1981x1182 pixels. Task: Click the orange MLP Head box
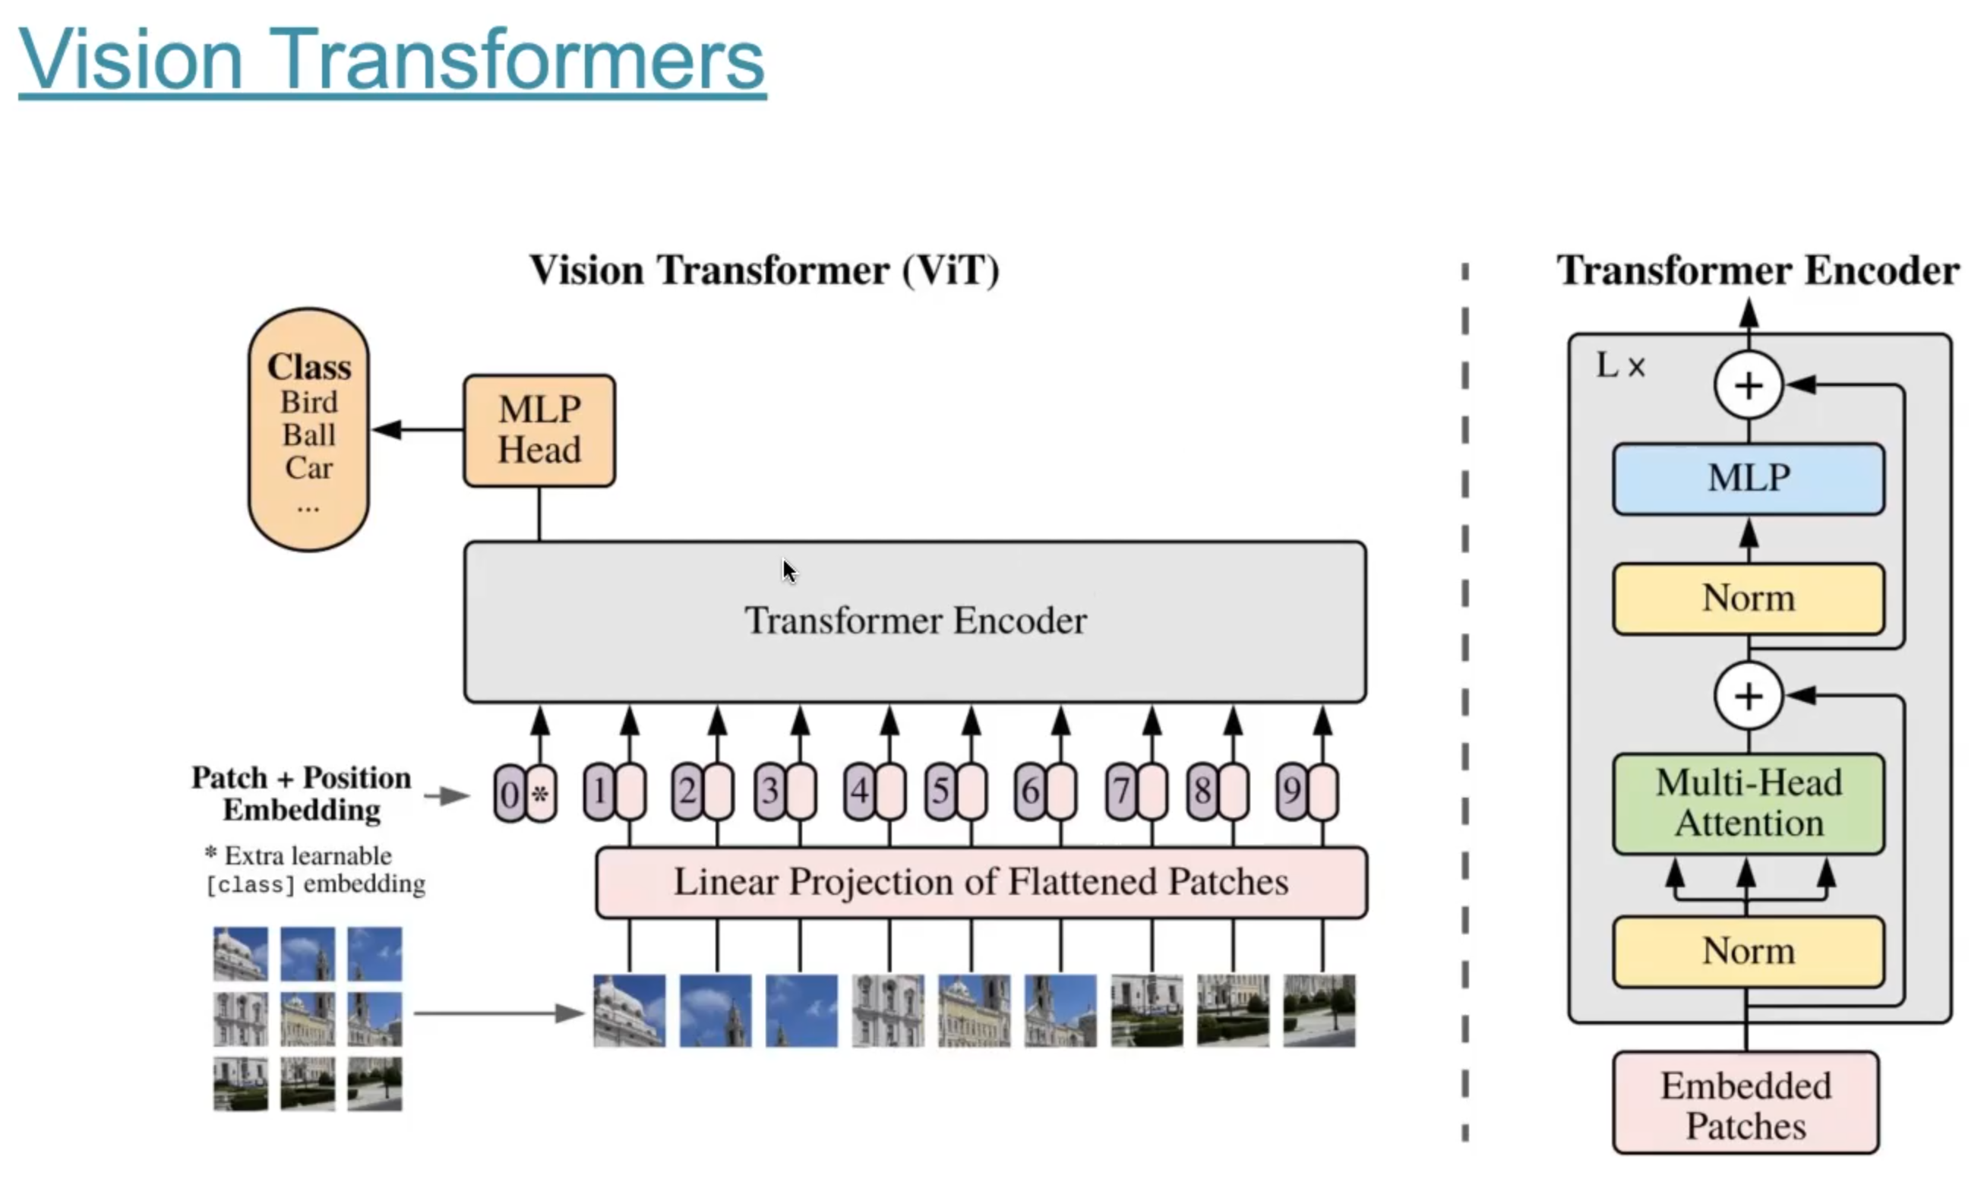539,430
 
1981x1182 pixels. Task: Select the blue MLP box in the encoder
1748,479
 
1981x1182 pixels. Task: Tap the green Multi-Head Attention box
1748,803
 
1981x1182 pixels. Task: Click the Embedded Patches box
1746,1104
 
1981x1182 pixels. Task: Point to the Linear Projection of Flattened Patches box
981,882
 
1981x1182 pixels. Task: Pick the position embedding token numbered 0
510,793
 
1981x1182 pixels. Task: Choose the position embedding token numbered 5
940,791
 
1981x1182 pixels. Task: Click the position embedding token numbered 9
1291,791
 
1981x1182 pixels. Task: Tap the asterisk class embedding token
541,793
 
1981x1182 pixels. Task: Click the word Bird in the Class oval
309,403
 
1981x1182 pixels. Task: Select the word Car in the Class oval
309,467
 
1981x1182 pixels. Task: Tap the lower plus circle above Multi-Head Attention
1748,696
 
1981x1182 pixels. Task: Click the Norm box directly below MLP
1748,598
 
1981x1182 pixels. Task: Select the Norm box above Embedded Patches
1748,951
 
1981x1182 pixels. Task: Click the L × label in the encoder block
1619,366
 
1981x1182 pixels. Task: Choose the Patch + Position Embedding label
301,793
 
